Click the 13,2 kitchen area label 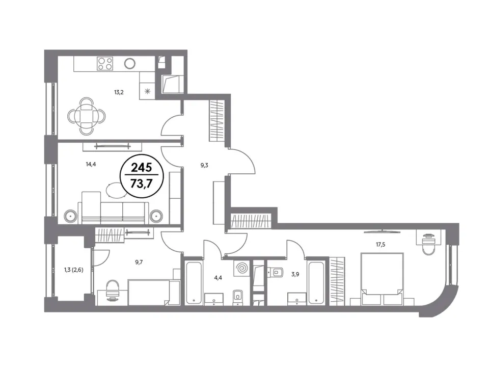[x=119, y=92]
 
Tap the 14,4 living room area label [x=91, y=164]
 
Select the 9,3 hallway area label [x=204, y=165]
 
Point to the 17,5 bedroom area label [x=381, y=244]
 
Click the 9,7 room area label [x=139, y=262]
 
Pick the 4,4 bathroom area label [x=218, y=277]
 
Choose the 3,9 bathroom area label [x=295, y=275]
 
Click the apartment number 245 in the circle [x=141, y=168]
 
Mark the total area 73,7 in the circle [x=141, y=184]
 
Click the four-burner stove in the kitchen [x=105, y=64]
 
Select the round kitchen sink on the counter [x=130, y=64]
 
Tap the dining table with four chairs [x=87, y=116]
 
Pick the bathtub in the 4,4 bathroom [x=194, y=283]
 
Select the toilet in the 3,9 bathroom [x=275, y=272]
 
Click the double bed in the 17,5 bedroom [x=382, y=279]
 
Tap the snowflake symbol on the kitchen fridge [x=147, y=91]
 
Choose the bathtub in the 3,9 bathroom [x=316, y=283]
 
